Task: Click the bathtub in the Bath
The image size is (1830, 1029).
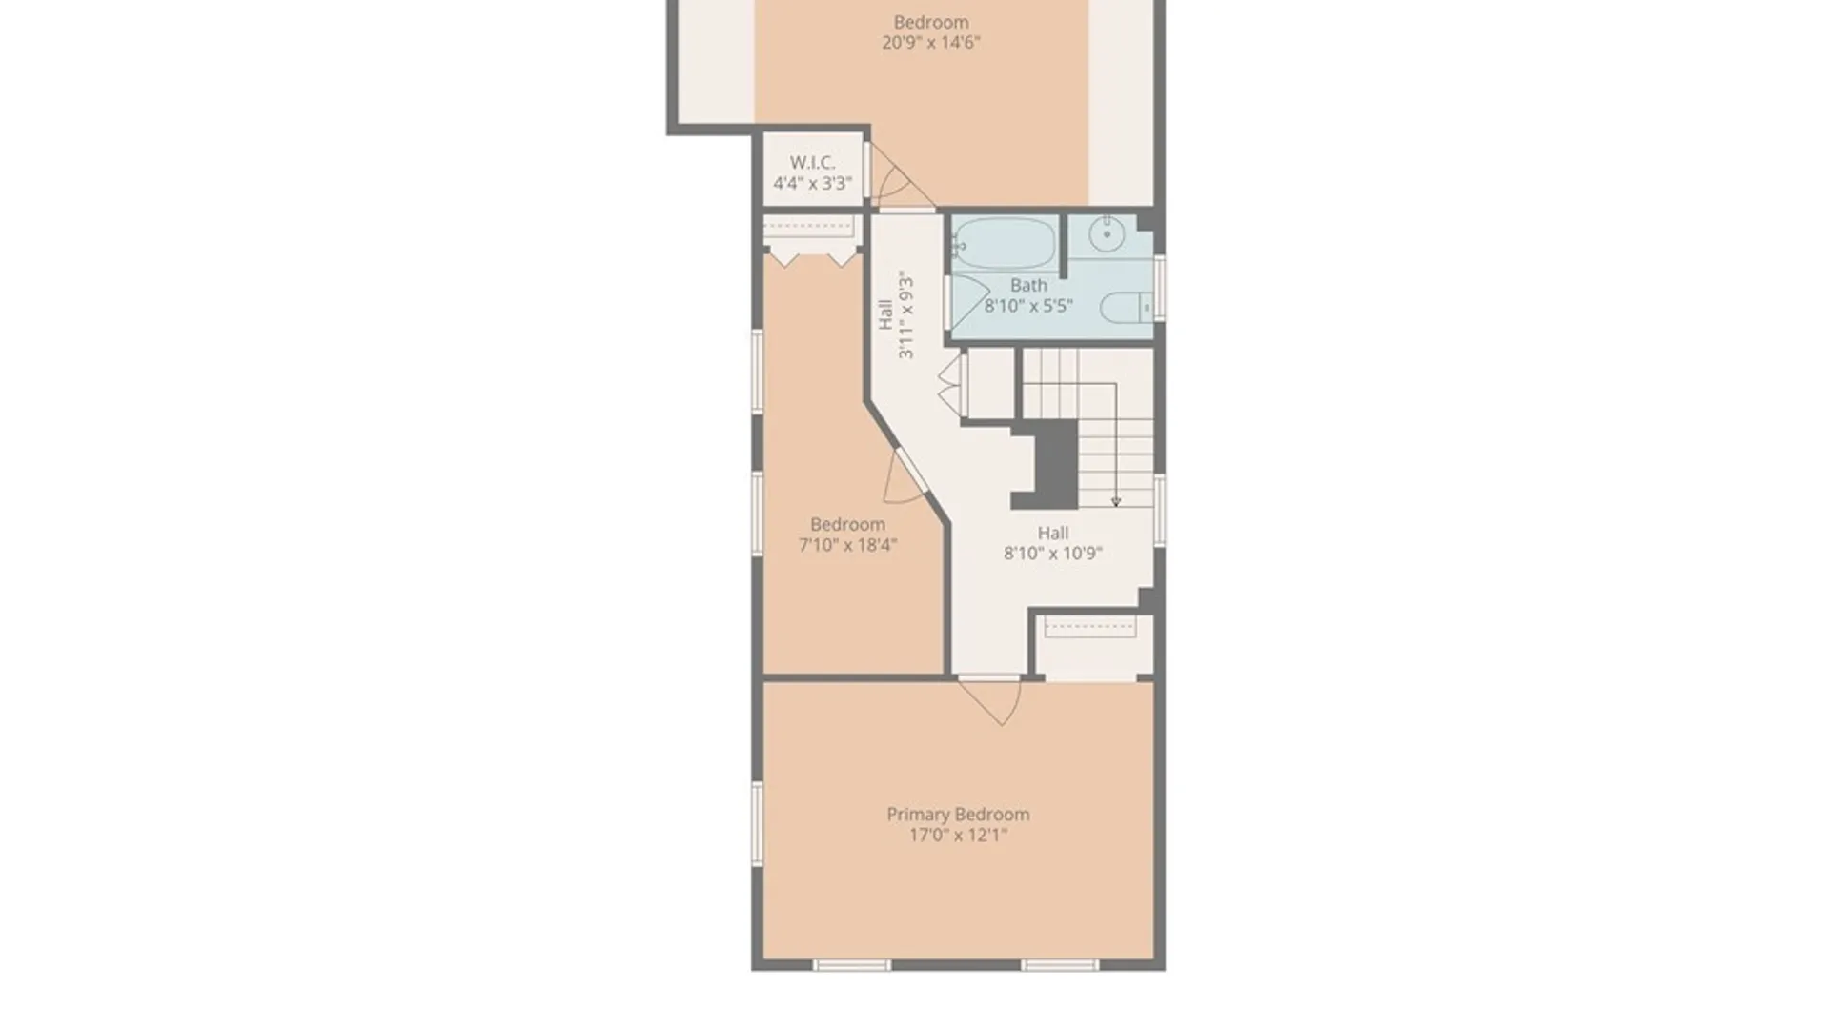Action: point(1005,244)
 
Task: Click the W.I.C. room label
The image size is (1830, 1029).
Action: point(812,163)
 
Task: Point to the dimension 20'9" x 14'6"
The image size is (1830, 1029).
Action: point(930,42)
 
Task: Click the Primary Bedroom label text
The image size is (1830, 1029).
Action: point(958,815)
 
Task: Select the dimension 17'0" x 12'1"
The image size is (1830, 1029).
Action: point(958,836)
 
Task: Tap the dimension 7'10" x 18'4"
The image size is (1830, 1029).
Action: point(847,545)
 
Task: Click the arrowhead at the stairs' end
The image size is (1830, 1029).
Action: point(1115,501)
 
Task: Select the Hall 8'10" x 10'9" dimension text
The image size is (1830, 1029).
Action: point(1052,554)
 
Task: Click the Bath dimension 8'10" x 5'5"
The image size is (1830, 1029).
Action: point(1028,306)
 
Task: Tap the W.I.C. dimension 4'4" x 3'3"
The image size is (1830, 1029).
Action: point(812,183)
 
